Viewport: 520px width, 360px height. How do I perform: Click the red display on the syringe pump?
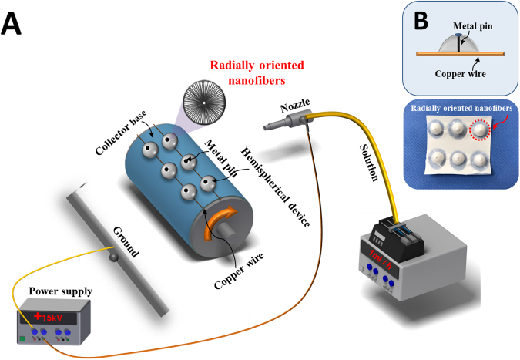pos(379,254)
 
